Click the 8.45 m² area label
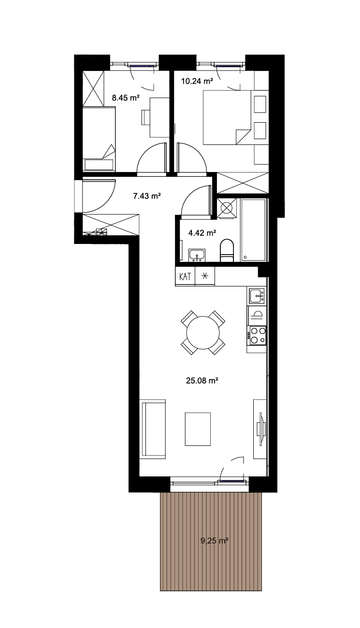click(x=126, y=98)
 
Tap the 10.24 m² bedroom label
click(x=197, y=81)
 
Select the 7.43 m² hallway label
click(x=147, y=196)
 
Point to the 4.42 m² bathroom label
click(x=202, y=233)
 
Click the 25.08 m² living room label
click(x=202, y=381)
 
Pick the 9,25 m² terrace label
click(x=214, y=540)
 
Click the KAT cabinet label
click(x=185, y=276)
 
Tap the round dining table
click(x=203, y=332)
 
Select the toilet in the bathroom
click(x=227, y=250)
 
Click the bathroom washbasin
click(x=197, y=255)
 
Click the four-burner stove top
click(x=257, y=336)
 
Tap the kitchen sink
click(x=257, y=296)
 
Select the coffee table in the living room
click(x=198, y=429)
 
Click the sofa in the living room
click(x=153, y=429)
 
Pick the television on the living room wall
click(x=261, y=428)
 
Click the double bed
click(x=227, y=117)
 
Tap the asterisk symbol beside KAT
click(x=205, y=276)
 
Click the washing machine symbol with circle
click(x=227, y=208)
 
